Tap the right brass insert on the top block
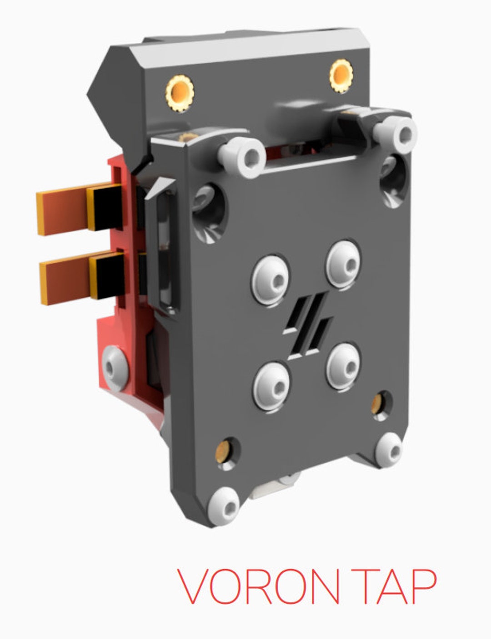(x=341, y=75)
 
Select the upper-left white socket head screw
(x=242, y=158)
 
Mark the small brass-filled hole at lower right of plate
(x=378, y=403)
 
